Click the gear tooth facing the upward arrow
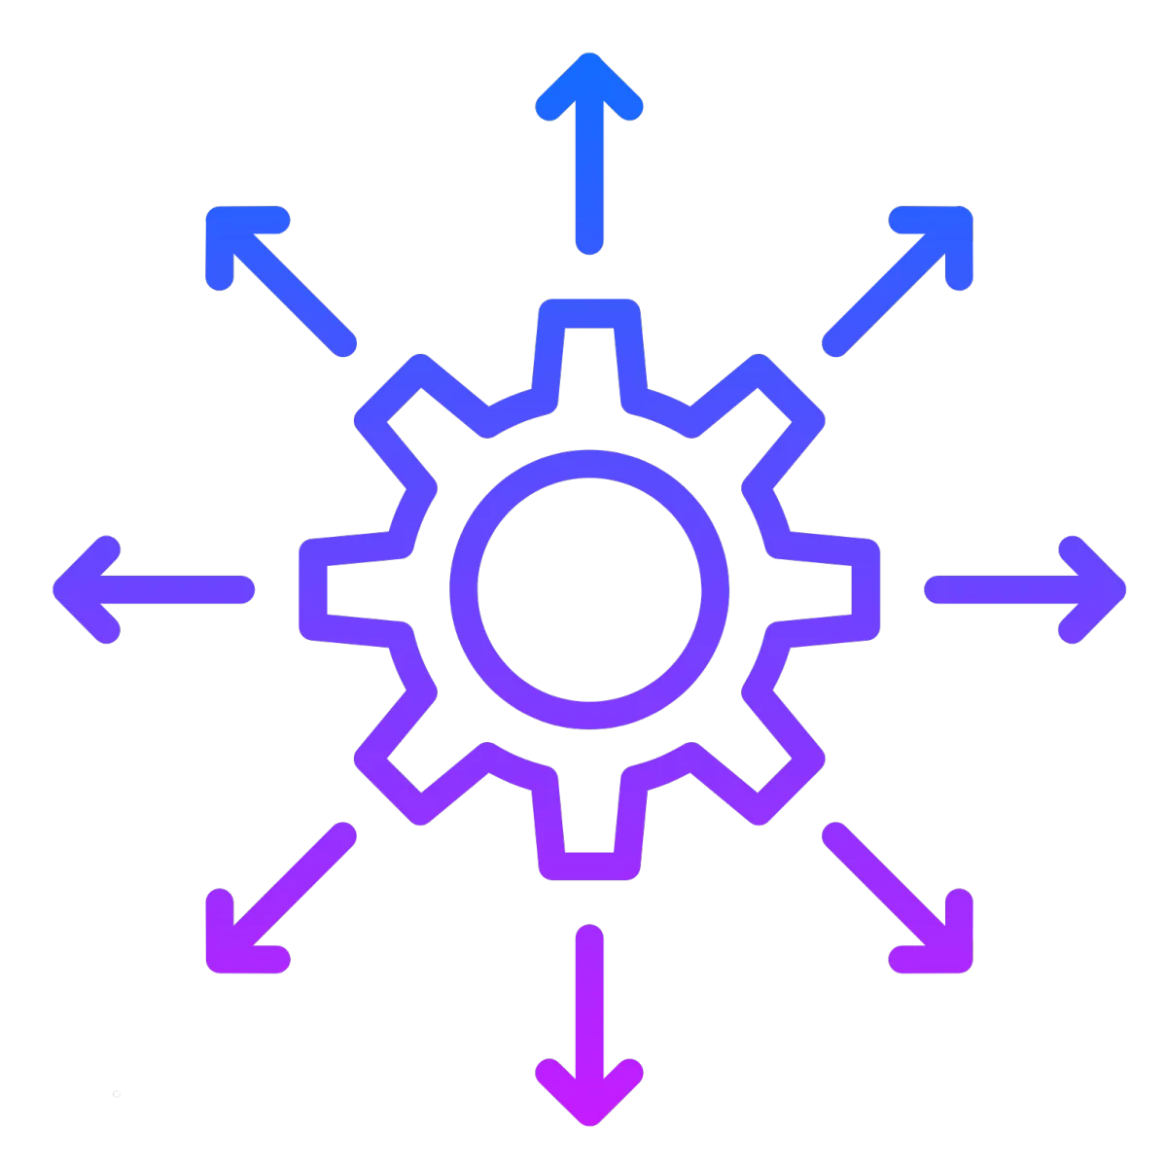588,316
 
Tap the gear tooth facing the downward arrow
588,864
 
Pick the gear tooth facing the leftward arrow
314,588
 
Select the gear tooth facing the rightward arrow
864,588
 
